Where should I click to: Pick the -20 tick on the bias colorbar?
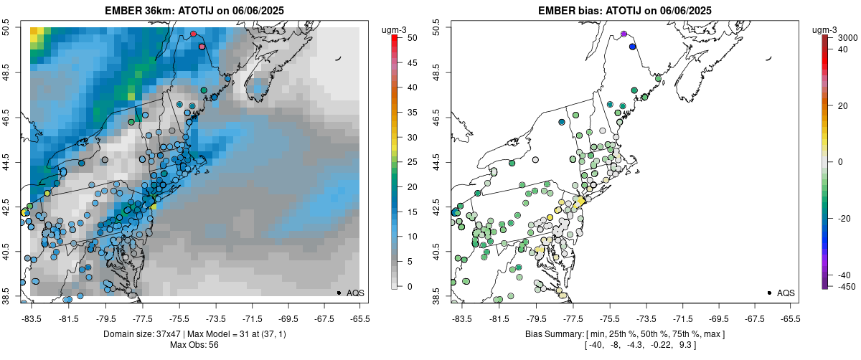pyautogui.click(x=842, y=221)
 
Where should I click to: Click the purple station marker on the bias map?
pyautogui.click(x=624, y=34)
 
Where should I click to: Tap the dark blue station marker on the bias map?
pyautogui.click(x=632, y=47)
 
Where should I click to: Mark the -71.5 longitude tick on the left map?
pyautogui.click(x=251, y=318)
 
